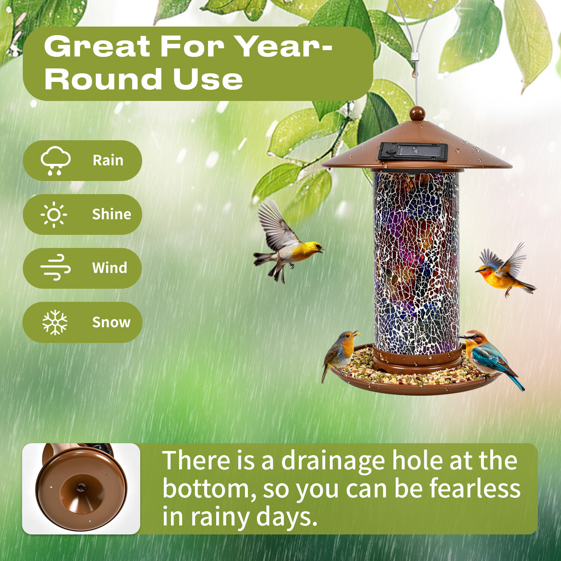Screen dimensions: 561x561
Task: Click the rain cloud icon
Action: click(55, 160)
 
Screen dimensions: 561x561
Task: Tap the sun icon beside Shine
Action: click(54, 214)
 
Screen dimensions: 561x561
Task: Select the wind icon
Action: click(55, 268)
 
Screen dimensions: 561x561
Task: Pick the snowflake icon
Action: click(55, 322)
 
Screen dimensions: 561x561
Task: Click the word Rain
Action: click(108, 160)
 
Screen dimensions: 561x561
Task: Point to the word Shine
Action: click(111, 214)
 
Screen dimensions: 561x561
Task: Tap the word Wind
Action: click(110, 268)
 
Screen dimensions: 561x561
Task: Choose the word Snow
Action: click(111, 322)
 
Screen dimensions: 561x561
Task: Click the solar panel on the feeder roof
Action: click(413, 152)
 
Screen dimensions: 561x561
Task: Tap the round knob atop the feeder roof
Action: click(417, 113)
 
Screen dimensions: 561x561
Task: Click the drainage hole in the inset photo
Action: click(80, 487)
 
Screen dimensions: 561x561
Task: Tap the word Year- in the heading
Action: click(285, 47)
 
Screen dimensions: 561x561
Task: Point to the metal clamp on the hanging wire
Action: click(414, 56)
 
